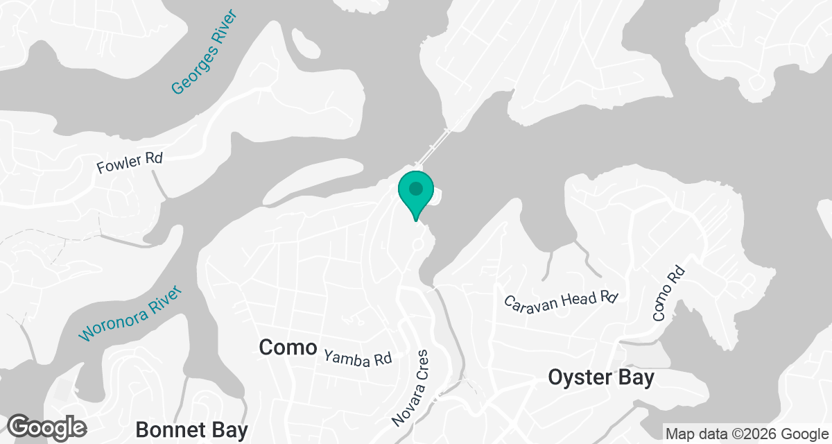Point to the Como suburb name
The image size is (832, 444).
288,348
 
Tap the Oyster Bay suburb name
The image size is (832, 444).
601,378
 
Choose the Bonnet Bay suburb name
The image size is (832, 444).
191,429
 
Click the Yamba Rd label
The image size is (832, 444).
358,358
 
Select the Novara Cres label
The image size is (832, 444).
411,388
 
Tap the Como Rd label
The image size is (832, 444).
668,293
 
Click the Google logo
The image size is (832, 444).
47,425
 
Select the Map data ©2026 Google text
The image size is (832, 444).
746,434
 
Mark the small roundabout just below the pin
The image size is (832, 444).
418,244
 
